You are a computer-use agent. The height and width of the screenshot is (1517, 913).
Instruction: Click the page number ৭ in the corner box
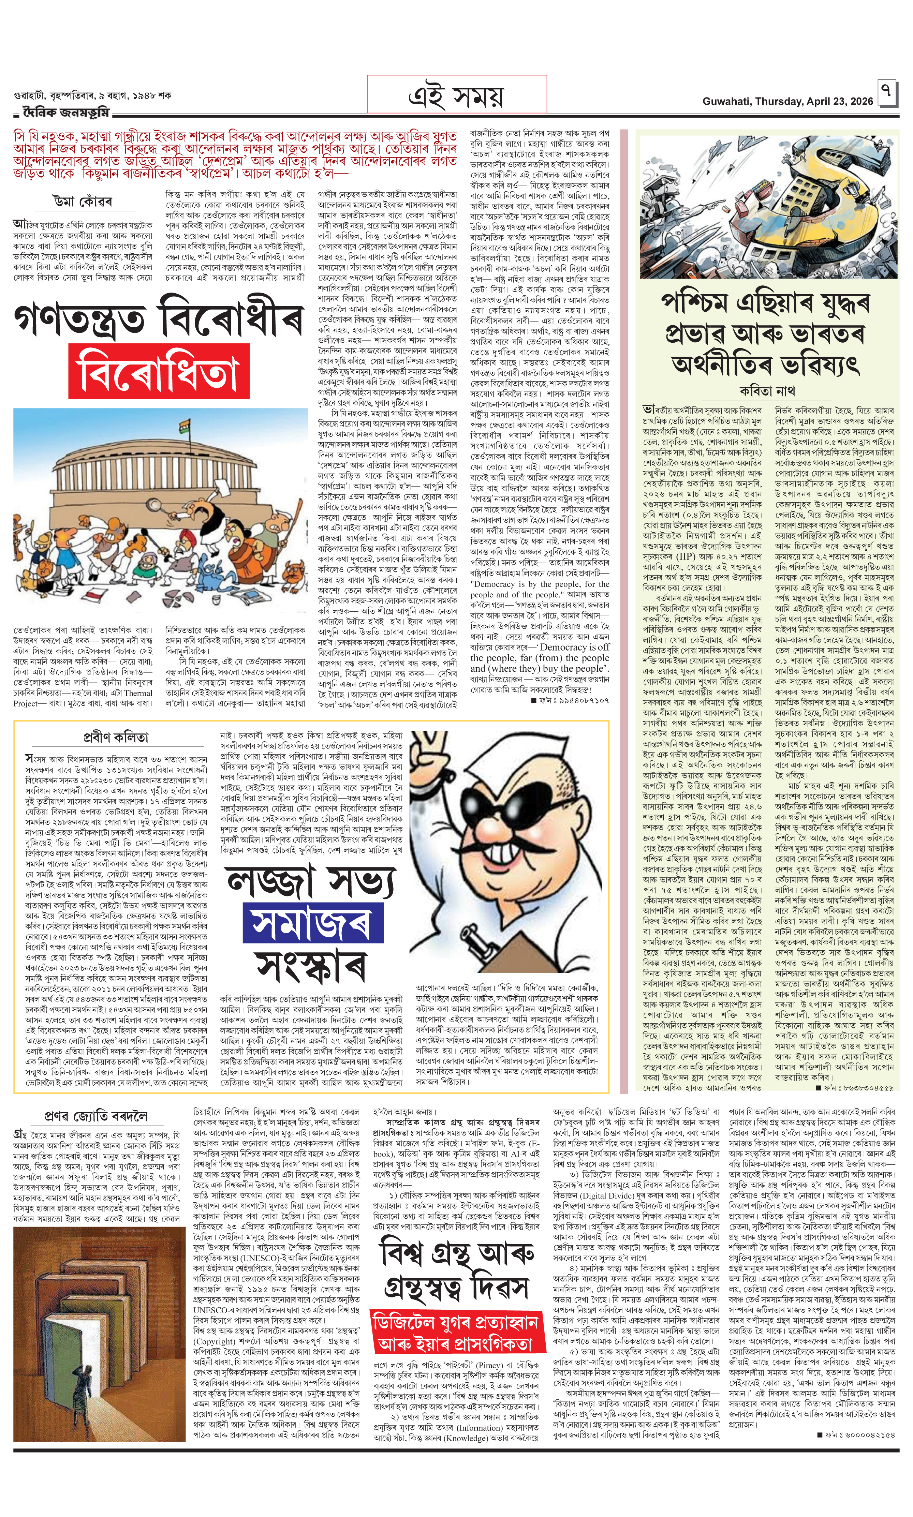886,91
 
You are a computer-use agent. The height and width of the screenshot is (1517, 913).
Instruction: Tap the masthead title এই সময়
456,96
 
